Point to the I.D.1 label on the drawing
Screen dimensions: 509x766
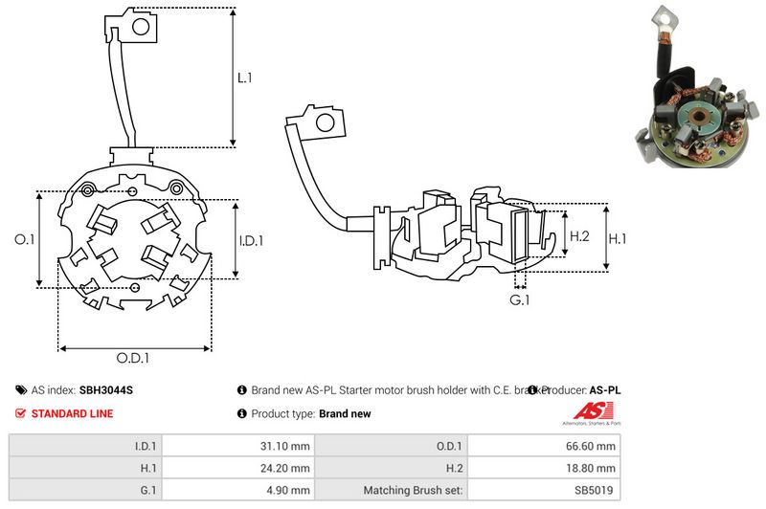pyautogui.click(x=251, y=240)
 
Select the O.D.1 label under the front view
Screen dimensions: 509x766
pyautogui.click(x=133, y=359)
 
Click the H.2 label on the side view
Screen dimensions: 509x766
pyautogui.click(x=579, y=236)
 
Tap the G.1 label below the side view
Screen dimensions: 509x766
pyautogui.click(x=519, y=299)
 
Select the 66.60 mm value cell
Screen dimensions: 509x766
pyautogui.click(x=593, y=445)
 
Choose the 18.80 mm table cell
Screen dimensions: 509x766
pyautogui.click(x=593, y=468)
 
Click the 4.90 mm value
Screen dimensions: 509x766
pyautogui.click(x=288, y=490)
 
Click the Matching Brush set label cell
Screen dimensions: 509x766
pyautogui.click(x=413, y=490)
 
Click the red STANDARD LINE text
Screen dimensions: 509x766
pyautogui.click(x=72, y=413)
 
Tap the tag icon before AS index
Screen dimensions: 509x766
pyautogui.click(x=20, y=390)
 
